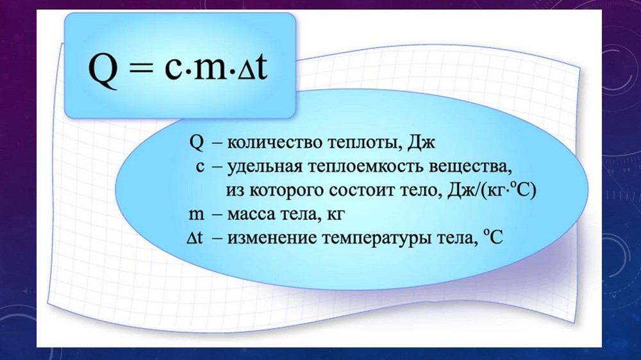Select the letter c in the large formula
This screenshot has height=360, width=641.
pos(173,69)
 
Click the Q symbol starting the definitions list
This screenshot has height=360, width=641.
pos(196,142)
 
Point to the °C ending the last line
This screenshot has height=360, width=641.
pos(492,236)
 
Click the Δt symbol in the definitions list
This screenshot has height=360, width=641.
pos(195,238)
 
